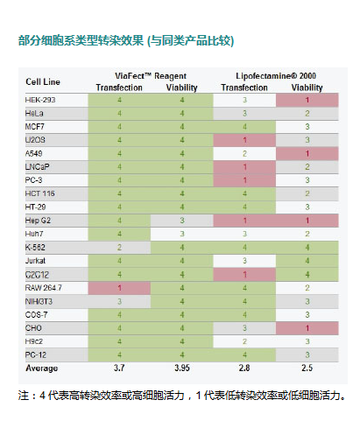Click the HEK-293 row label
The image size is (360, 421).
(40, 100)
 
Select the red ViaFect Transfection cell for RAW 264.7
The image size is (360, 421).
(119, 288)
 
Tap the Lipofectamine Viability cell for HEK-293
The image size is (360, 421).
(307, 100)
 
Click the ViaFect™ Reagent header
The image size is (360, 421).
(151, 76)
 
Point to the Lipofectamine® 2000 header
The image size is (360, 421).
(276, 76)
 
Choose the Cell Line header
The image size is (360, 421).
(43, 81)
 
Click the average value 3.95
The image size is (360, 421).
(182, 368)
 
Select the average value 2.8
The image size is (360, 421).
(244, 368)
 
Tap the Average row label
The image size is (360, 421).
(41, 368)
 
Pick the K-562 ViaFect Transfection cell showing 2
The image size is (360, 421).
(119, 248)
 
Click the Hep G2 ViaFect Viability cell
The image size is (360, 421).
(182, 221)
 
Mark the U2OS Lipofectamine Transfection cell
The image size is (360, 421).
(244, 140)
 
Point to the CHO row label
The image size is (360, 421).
(33, 328)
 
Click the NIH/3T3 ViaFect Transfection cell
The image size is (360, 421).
(119, 301)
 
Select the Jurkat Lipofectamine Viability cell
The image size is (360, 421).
(307, 261)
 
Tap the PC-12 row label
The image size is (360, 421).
(36, 355)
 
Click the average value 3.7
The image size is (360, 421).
(119, 368)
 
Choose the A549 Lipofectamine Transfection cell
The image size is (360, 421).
(244, 153)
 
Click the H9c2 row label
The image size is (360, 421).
(34, 341)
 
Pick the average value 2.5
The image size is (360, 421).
(307, 368)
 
